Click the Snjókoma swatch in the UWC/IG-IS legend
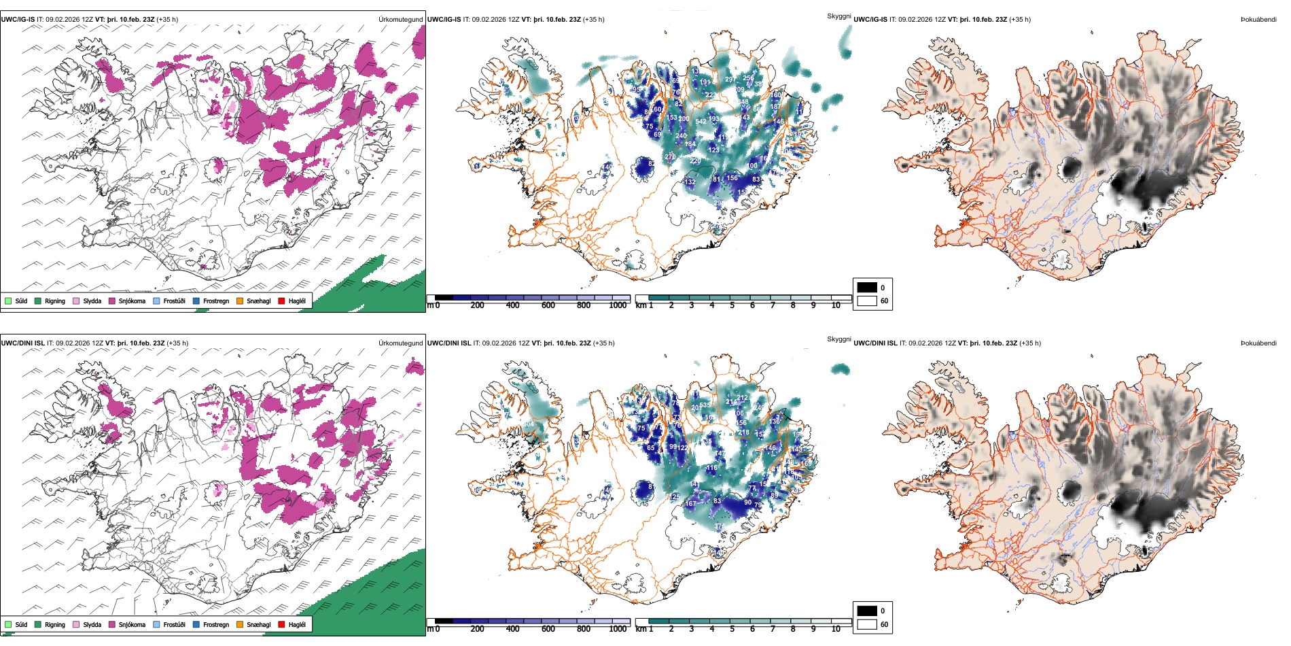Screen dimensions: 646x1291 point(112,301)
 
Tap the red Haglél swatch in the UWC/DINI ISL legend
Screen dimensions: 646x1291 point(281,624)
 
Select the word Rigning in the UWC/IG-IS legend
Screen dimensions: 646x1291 point(55,301)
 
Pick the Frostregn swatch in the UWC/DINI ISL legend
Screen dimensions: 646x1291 point(196,624)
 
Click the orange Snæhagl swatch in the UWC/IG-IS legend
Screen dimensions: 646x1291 point(240,301)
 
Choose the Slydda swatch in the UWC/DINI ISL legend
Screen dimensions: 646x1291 point(76,624)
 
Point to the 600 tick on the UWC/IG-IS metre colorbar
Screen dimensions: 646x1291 point(548,305)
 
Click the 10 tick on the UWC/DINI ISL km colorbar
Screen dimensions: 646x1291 point(836,629)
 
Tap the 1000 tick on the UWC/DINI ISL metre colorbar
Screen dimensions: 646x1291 point(618,629)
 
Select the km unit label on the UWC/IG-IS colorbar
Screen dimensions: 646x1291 point(640,305)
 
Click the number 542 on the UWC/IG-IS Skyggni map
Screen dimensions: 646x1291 point(701,122)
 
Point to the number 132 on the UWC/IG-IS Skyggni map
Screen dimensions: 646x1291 point(690,182)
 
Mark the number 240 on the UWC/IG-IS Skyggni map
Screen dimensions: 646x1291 point(681,136)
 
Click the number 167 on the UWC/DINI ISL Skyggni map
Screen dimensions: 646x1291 point(690,504)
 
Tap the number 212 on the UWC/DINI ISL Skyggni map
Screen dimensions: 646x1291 point(742,398)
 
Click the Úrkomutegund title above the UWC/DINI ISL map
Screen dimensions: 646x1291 point(400,343)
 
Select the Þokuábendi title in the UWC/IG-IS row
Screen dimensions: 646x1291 point(1258,20)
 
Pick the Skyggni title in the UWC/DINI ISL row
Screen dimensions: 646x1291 point(838,339)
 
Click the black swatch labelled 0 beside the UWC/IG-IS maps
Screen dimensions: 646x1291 point(867,288)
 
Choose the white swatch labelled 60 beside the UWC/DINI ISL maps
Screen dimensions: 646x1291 point(867,624)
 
